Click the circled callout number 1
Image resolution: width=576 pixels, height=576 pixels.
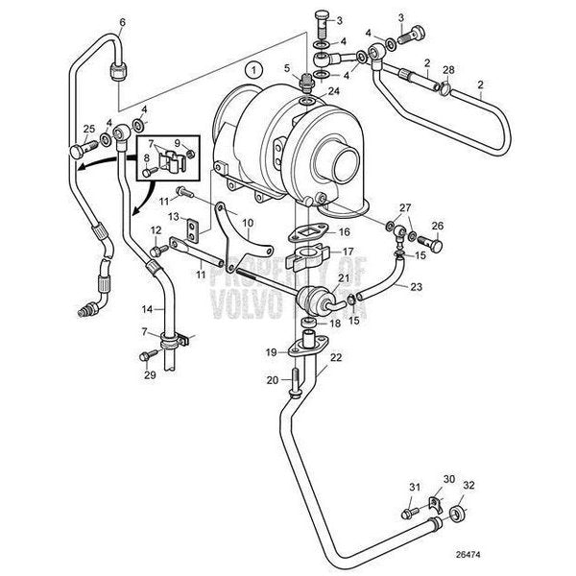tap(252, 69)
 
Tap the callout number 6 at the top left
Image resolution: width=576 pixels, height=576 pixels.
tap(121, 20)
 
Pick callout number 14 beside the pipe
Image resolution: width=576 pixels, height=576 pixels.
tap(147, 309)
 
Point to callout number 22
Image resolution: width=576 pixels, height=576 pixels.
tap(335, 358)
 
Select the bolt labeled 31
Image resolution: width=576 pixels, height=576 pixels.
tap(415, 489)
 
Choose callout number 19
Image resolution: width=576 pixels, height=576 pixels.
tap(271, 353)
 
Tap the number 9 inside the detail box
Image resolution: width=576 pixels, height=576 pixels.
tap(189, 143)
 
